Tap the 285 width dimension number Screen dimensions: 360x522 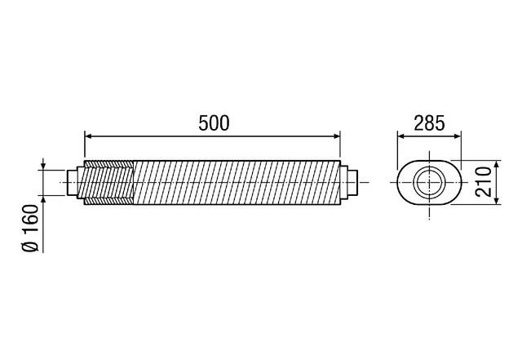pos(430,123)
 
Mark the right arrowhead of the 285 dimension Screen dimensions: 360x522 pos(458,136)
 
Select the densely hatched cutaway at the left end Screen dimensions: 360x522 pos(108,182)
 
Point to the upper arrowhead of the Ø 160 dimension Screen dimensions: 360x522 pos(42,167)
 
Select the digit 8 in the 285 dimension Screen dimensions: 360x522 pos(430,123)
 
